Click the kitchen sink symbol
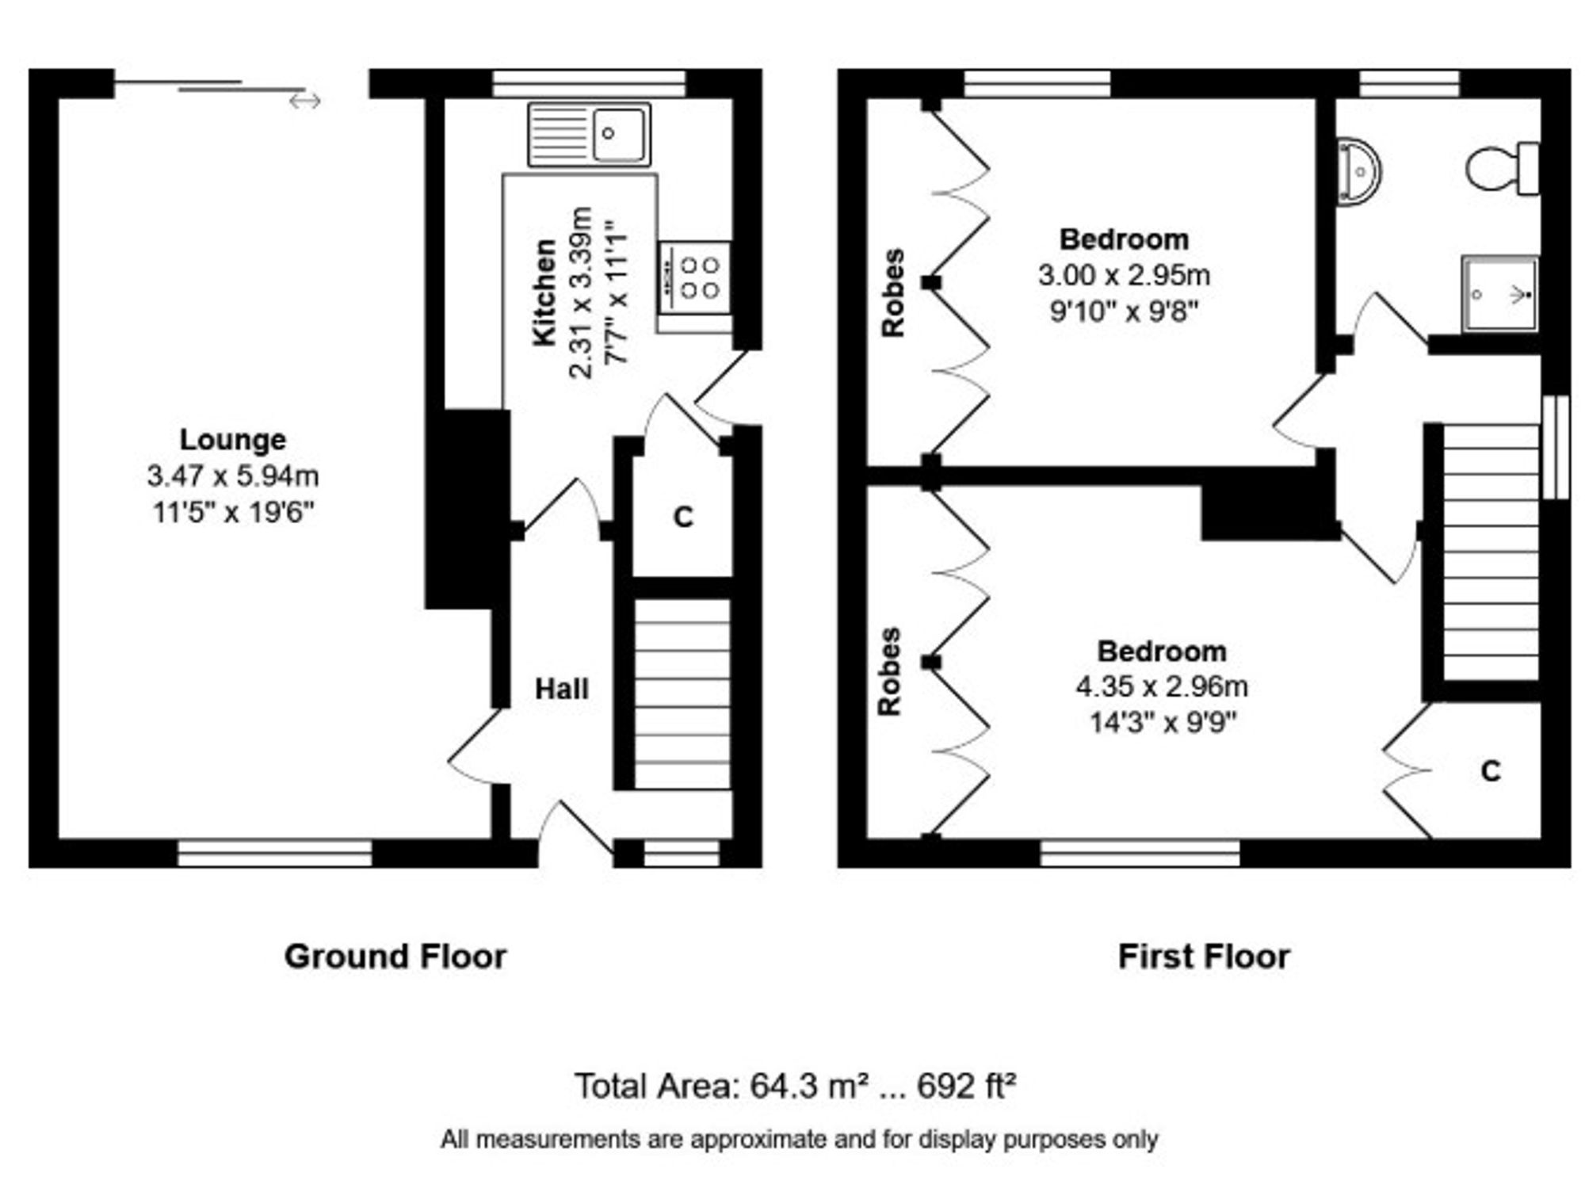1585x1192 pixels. [589, 135]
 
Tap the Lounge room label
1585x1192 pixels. [232, 439]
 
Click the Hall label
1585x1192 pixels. [561, 689]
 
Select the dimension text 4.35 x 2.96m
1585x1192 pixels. [1161, 686]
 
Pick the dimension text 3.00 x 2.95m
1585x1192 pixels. [1124, 275]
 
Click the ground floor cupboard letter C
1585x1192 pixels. [683, 517]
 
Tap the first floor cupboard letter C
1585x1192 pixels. [1491, 770]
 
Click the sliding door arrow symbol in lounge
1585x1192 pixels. [305, 101]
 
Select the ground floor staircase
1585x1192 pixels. [682, 693]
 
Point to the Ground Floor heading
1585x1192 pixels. [395, 957]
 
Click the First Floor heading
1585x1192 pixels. [1203, 957]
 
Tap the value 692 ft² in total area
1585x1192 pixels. [966, 1086]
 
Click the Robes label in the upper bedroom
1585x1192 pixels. [893, 292]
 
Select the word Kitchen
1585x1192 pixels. [544, 292]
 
